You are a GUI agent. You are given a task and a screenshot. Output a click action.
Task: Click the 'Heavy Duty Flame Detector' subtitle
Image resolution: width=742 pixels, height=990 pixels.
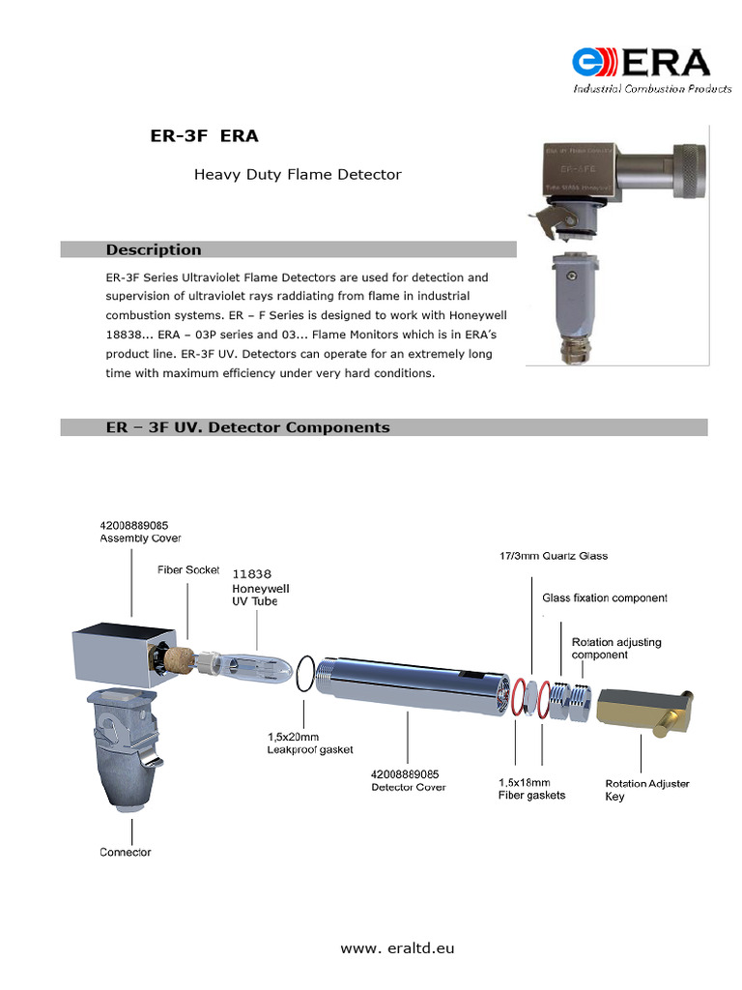298,175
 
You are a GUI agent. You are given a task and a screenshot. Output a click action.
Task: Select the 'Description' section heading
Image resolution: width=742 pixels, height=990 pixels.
154,249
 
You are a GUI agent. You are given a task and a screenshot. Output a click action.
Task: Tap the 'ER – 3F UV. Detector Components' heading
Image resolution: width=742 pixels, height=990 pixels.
247,427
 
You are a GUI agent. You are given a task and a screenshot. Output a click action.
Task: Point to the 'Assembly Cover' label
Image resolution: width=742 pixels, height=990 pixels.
140,539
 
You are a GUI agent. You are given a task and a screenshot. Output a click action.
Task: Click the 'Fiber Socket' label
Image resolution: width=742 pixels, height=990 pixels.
188,570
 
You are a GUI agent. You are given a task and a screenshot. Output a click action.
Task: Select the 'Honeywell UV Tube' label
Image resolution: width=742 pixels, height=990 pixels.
260,595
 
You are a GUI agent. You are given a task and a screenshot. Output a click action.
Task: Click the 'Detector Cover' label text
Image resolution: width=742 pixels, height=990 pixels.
409,787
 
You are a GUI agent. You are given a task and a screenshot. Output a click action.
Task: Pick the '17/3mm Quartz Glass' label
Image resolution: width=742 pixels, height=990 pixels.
554,557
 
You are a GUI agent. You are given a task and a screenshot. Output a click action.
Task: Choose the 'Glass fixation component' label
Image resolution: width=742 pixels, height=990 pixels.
605,598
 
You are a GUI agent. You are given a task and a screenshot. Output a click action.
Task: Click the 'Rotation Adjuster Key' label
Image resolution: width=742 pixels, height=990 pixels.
646,790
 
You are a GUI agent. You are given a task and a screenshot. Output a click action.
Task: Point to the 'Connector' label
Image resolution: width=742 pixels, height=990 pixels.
126,852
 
